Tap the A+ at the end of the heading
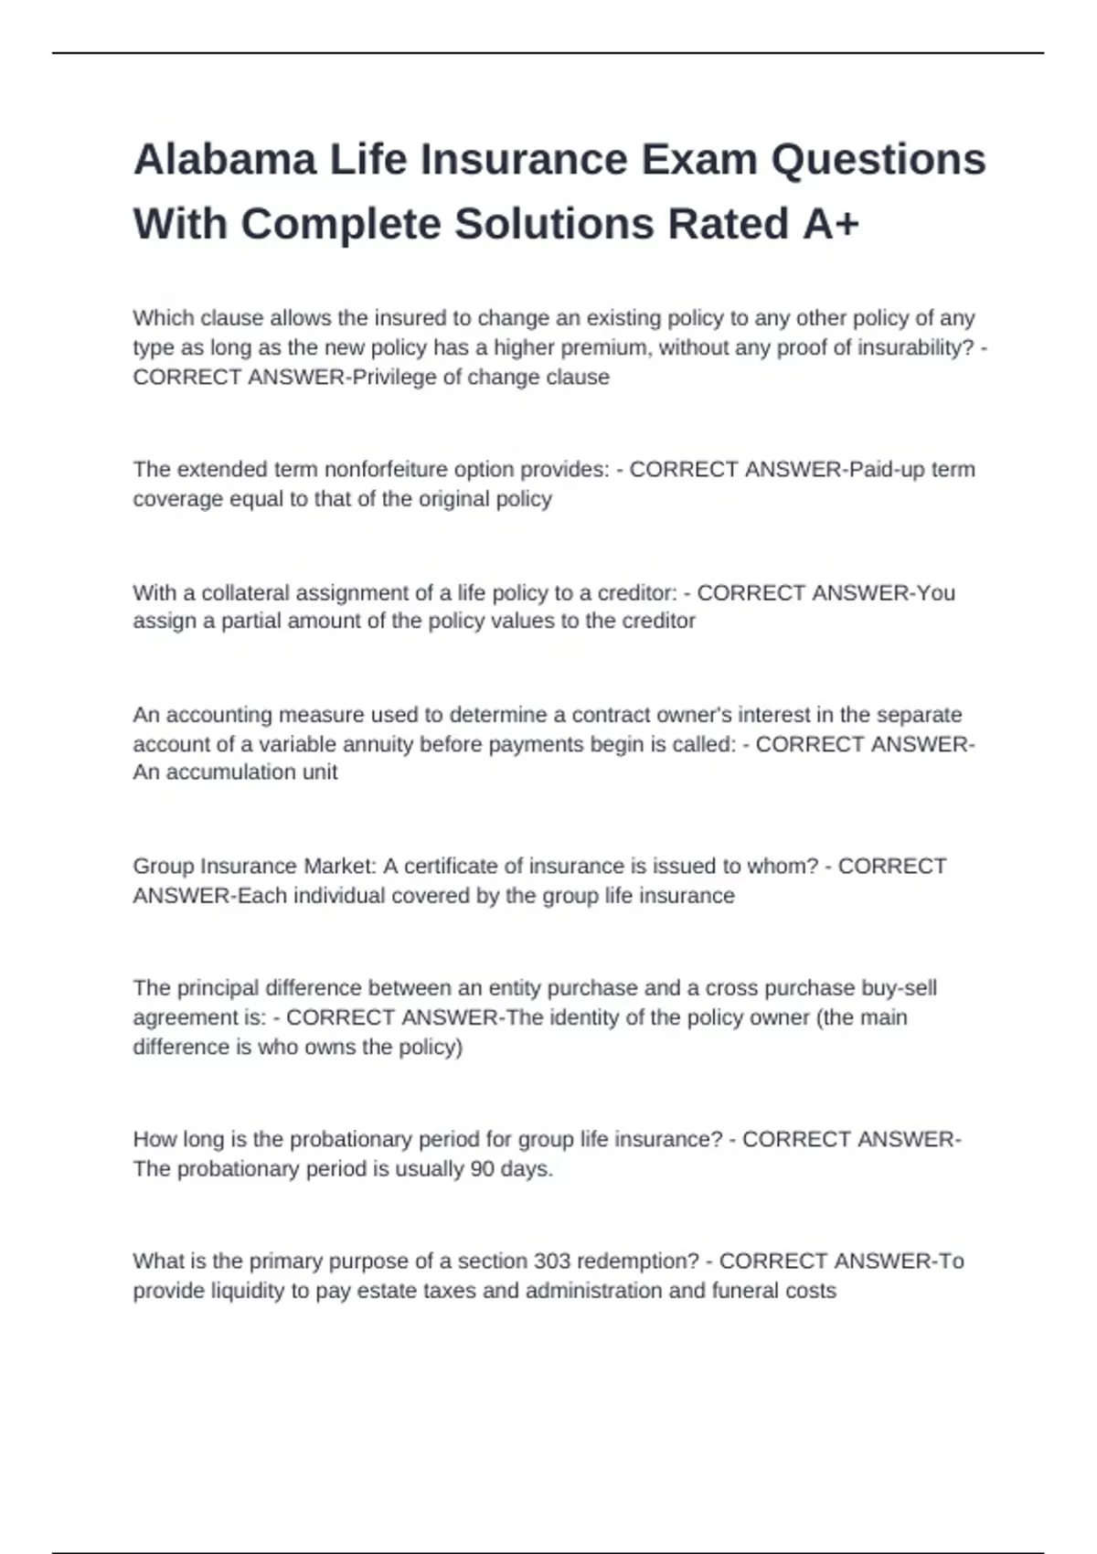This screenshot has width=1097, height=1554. (x=831, y=225)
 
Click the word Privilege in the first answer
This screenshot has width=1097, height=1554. (x=394, y=378)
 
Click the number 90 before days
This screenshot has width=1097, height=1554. (x=482, y=1169)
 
